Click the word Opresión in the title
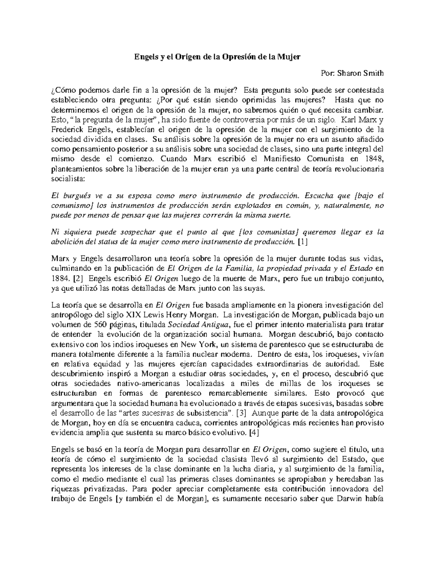click(236, 57)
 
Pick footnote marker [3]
click(241, 413)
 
